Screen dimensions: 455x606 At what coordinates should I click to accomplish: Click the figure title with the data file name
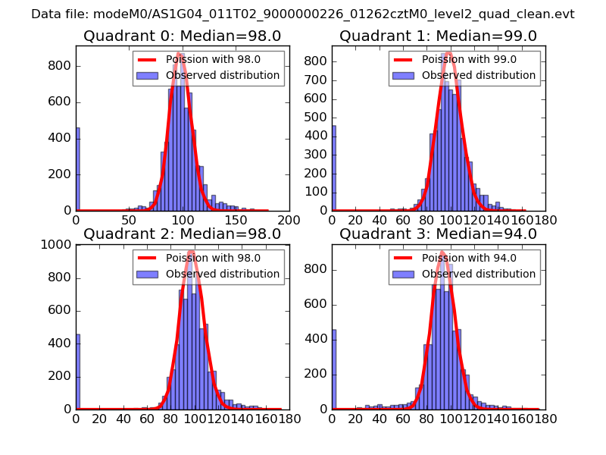click(x=303, y=14)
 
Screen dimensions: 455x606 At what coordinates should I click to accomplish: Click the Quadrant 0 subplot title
click(x=182, y=36)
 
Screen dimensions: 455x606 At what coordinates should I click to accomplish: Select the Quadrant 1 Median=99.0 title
click(x=438, y=36)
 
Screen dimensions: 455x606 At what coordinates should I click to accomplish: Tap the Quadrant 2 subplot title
click(x=182, y=234)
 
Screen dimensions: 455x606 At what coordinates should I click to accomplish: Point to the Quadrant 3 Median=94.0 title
click(x=438, y=234)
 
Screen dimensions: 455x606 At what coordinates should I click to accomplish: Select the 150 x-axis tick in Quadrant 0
click(x=236, y=219)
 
